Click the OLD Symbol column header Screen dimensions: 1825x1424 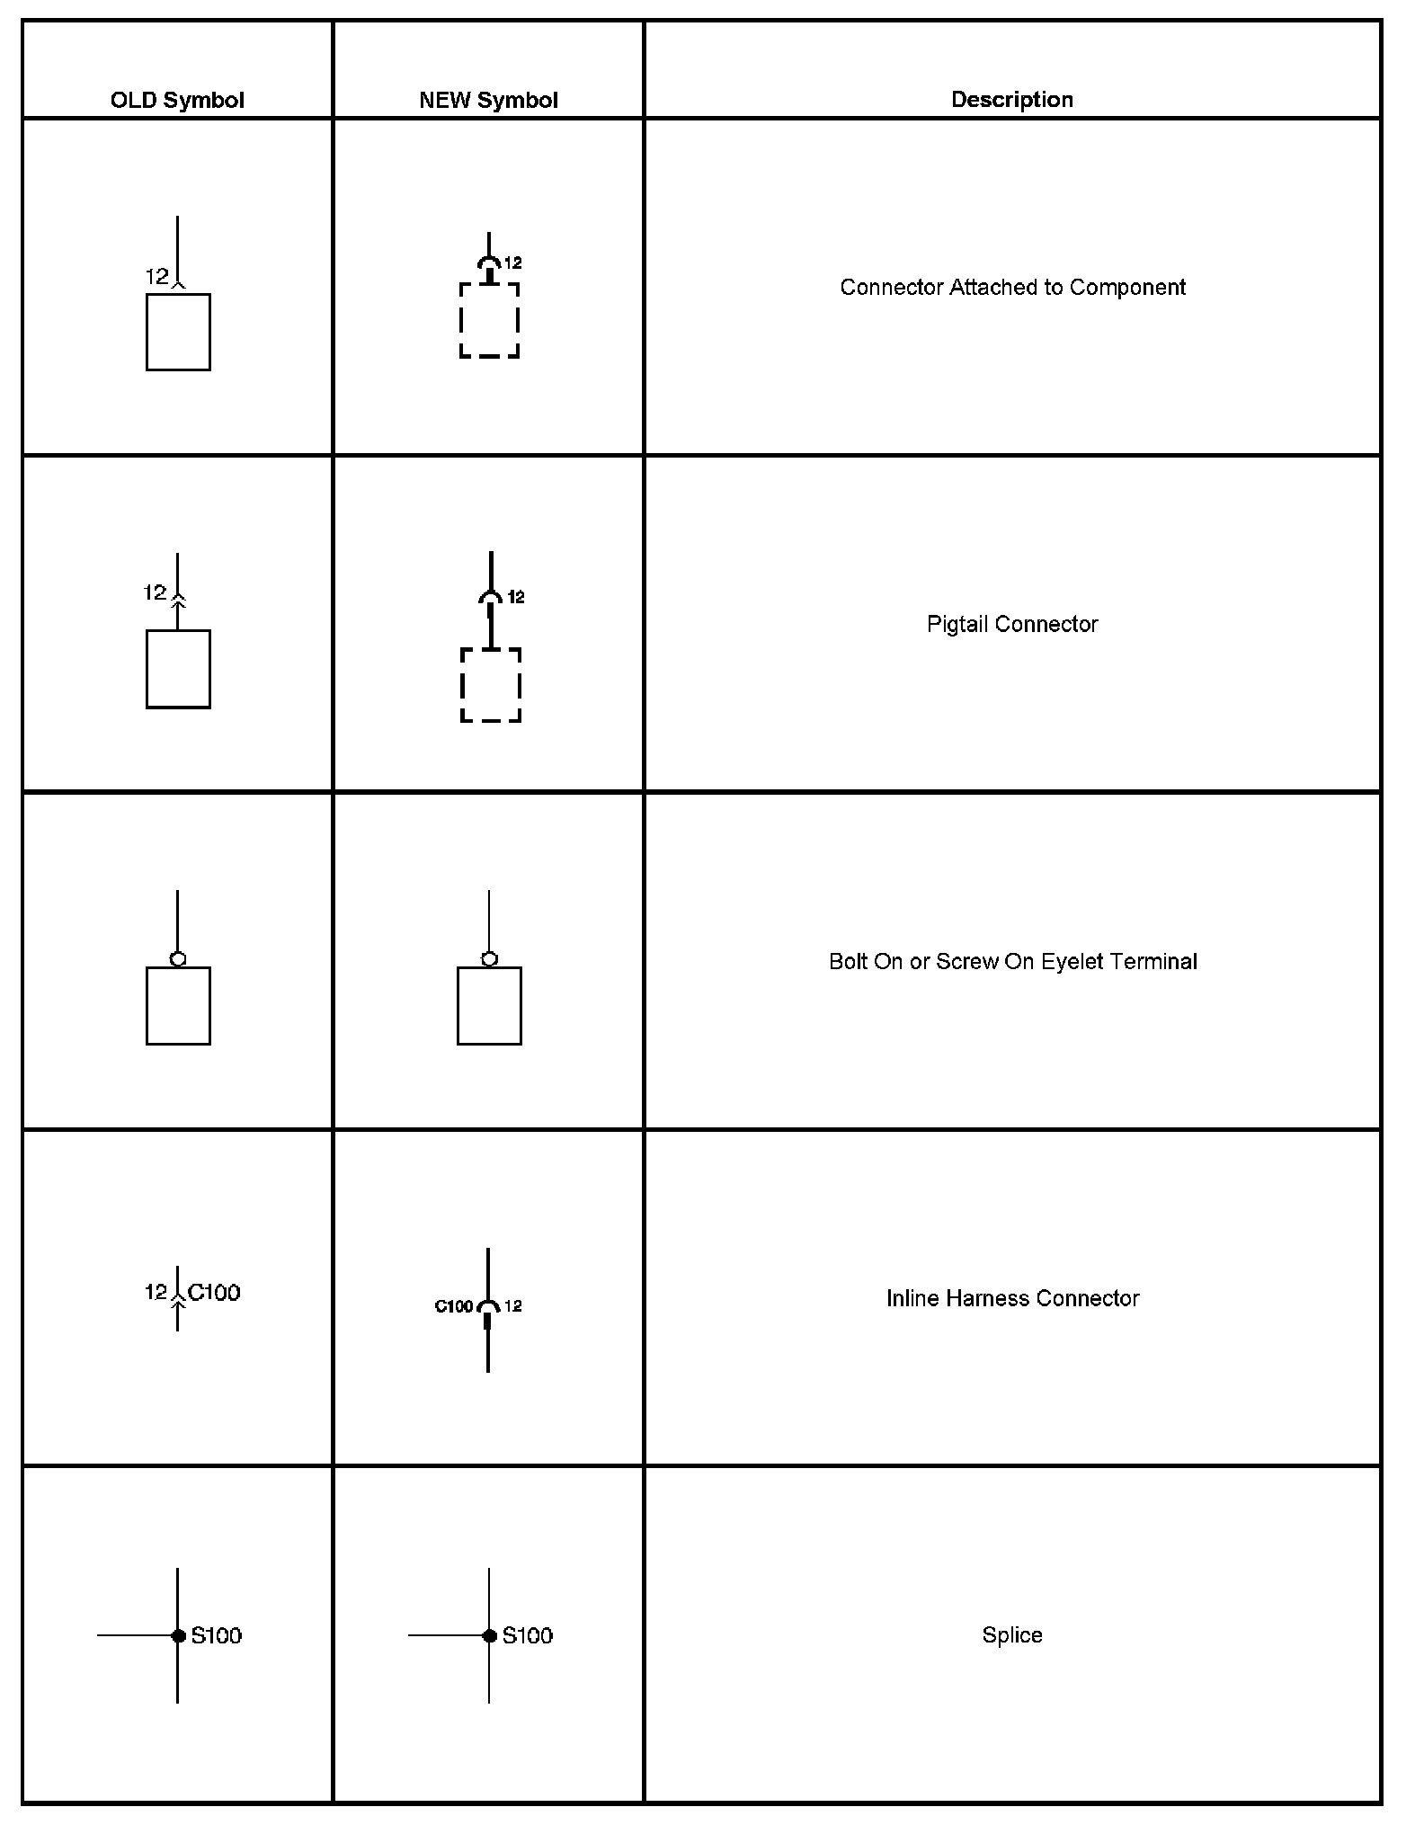(x=177, y=100)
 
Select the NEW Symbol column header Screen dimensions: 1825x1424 (x=488, y=100)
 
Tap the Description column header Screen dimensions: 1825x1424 (x=1011, y=100)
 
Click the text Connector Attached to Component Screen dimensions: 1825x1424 (x=1012, y=288)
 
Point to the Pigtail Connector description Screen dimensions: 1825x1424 (x=1012, y=625)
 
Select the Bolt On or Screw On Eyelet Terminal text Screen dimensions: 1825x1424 (x=1012, y=962)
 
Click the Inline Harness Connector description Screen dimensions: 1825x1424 (x=1012, y=1299)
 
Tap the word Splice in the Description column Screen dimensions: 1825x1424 (x=1012, y=1635)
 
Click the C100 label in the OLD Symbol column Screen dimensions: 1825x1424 (x=214, y=1293)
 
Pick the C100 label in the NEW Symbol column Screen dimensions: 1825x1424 (x=454, y=1306)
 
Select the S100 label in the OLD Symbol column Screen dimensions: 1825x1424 (x=217, y=1635)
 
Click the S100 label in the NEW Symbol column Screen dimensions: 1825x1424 (x=528, y=1635)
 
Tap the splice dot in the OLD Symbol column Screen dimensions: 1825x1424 (x=178, y=1635)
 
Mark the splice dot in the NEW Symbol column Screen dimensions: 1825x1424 (x=489, y=1635)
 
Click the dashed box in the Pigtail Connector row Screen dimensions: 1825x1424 (x=491, y=685)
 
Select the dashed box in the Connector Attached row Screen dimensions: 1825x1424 (x=490, y=321)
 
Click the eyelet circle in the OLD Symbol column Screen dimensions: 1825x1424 (x=178, y=959)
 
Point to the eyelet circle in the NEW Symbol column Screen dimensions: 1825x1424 (x=489, y=959)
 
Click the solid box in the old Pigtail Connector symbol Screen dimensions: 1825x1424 (x=178, y=669)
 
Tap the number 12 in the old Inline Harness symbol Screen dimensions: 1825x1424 (x=156, y=1292)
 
